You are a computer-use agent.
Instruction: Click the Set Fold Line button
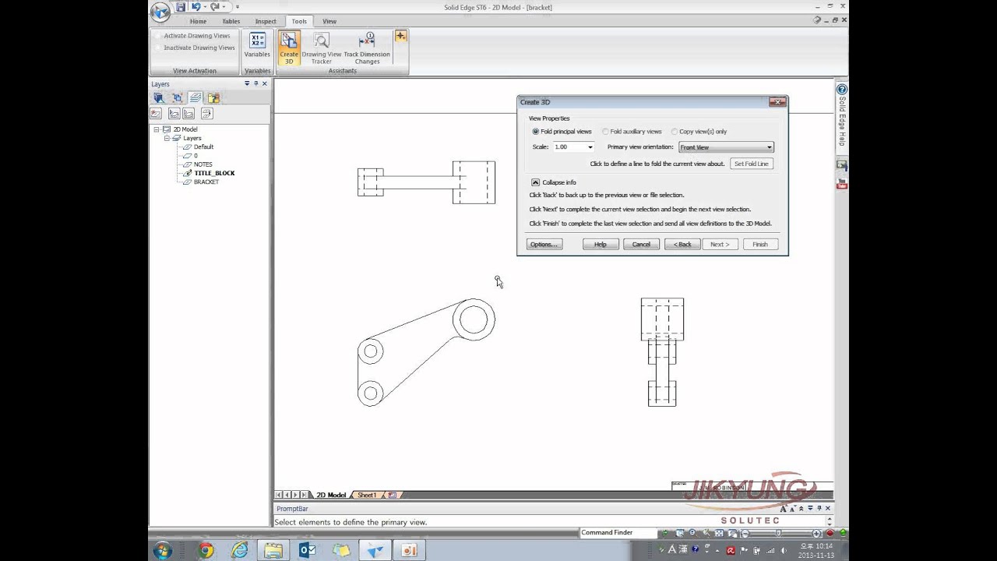pos(752,164)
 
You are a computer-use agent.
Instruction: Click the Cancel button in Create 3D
pos(641,245)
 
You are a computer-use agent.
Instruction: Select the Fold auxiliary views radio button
pos(606,132)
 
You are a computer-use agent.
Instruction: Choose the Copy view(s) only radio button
pos(675,132)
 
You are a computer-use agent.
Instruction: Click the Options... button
pos(544,245)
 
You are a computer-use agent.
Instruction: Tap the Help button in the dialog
pos(601,245)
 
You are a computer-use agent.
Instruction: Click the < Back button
pos(682,245)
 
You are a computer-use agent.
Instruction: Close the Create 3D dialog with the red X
pos(777,102)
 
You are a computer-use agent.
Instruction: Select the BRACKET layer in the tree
pos(206,182)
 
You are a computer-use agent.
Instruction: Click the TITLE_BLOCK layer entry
pos(214,173)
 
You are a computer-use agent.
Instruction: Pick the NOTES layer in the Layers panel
pos(203,164)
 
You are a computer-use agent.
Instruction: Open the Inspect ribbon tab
pos(266,21)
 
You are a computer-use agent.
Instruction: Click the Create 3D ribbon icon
pos(289,48)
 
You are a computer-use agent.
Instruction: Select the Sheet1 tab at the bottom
pos(367,496)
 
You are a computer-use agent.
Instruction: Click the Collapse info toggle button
pos(535,182)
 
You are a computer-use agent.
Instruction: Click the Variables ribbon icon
pos(257,45)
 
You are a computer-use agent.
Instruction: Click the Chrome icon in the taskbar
pos(206,550)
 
